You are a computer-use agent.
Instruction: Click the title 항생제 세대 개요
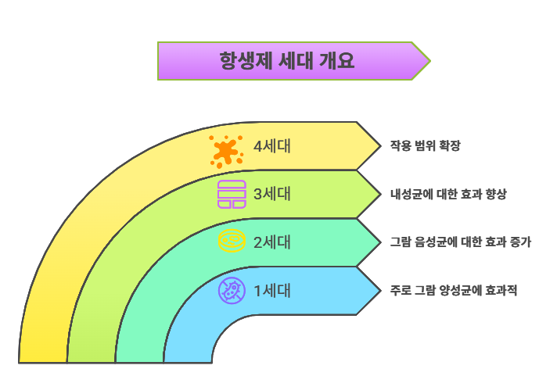click(287, 61)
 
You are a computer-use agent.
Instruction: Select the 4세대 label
click(272, 146)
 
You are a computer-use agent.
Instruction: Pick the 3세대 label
click(272, 194)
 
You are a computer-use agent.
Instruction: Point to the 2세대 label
click(272, 242)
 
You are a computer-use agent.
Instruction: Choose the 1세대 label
click(272, 291)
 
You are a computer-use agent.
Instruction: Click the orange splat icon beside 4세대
click(226, 150)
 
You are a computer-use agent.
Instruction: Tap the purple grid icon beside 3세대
click(232, 195)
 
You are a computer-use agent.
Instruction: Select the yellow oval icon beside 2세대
click(232, 242)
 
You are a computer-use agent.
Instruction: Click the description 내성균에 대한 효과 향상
click(447, 194)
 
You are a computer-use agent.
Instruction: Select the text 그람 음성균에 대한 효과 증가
click(460, 242)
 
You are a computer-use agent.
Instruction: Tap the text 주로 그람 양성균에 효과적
click(453, 291)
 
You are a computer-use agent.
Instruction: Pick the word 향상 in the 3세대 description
click(494, 194)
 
